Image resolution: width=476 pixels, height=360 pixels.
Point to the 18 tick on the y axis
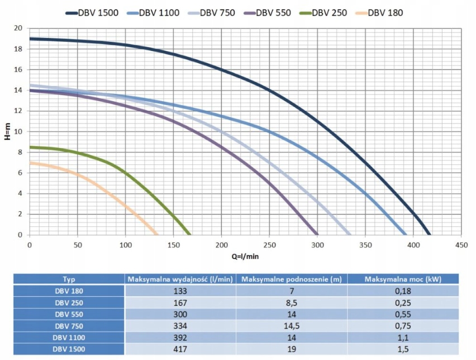coord(18,49)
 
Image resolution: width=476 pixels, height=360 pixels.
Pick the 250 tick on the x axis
coord(270,245)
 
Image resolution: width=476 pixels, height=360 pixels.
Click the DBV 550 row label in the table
coord(69,315)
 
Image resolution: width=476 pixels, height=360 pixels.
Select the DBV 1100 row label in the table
coord(69,338)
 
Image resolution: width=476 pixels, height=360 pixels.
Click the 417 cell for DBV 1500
coord(181,349)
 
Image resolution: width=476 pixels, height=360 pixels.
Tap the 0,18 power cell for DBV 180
coord(402,291)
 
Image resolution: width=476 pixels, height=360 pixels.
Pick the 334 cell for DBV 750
coord(181,326)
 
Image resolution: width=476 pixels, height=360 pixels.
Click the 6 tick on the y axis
coord(20,173)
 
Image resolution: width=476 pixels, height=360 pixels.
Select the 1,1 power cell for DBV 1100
coord(402,338)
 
